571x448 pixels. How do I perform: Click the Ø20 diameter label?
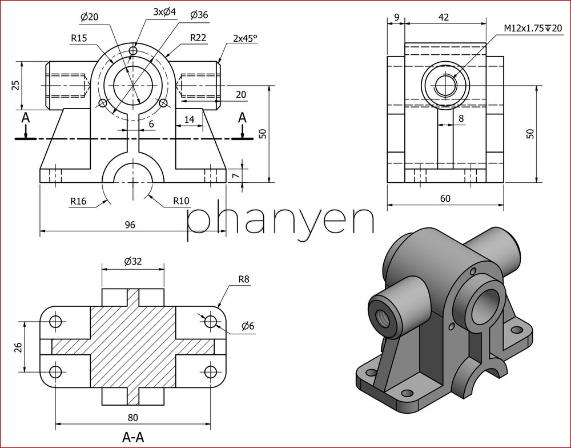tap(89, 17)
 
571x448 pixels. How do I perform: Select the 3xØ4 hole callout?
tap(164, 11)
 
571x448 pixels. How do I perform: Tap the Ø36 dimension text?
tap(199, 15)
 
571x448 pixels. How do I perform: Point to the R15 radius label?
tap(79, 38)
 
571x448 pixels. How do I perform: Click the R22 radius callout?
tap(198, 38)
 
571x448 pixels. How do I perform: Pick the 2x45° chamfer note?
tap(245, 38)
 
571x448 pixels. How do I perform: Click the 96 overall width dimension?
tap(130, 225)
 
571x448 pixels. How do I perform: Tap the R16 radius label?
tap(78, 201)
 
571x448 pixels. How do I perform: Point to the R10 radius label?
tap(181, 201)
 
